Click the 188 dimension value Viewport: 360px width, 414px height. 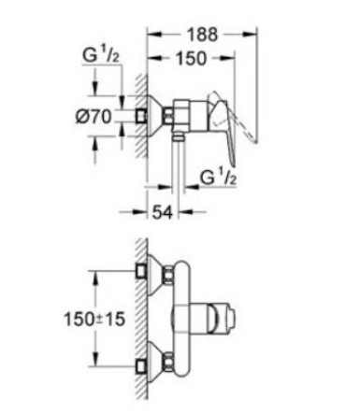[202, 35]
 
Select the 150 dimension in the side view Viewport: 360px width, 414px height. [191, 58]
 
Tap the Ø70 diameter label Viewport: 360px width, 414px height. [94, 117]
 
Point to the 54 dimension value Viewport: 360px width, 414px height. [162, 212]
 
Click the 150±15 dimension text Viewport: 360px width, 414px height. [94, 319]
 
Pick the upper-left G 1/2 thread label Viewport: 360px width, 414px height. [101, 56]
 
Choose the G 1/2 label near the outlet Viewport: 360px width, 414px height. [218, 178]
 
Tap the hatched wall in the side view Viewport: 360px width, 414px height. [141, 116]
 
